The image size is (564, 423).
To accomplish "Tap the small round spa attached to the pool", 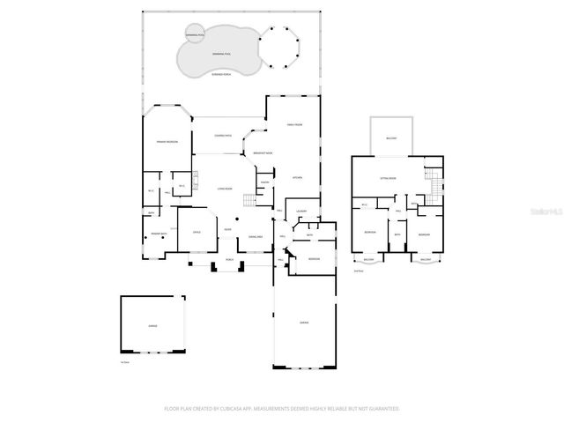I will [195, 35].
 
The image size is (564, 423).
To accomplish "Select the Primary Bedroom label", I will [167, 141].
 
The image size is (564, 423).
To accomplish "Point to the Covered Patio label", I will [225, 136].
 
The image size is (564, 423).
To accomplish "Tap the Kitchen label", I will [297, 178].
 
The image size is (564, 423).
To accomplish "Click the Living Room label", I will [225, 189].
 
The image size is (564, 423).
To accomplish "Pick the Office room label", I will [197, 233].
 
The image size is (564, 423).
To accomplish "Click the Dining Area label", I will [256, 236].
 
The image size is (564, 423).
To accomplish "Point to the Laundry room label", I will [301, 211].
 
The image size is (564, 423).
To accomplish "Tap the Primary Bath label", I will [159, 234].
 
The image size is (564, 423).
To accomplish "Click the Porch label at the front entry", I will [230, 260].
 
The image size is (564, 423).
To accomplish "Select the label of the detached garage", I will [153, 326].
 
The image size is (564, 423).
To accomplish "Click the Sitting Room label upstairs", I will [388, 178].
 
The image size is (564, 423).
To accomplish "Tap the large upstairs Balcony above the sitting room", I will [391, 138].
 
